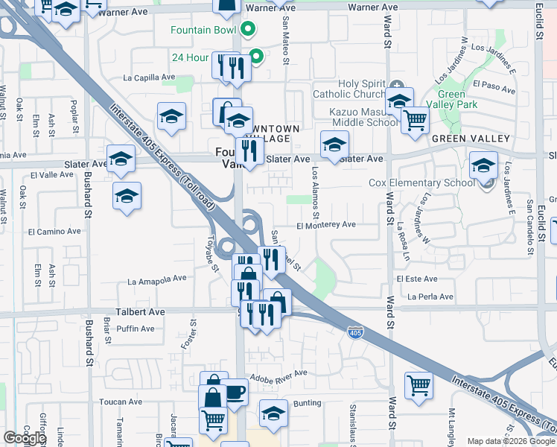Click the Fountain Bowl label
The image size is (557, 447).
coord(203,31)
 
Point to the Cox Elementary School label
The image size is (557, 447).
coord(421,183)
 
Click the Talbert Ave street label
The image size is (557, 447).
coord(140,312)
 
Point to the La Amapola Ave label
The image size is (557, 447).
coord(157,280)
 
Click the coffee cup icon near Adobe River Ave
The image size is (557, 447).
coord(235,392)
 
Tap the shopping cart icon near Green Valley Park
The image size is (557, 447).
coord(415,118)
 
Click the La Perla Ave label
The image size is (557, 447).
coord(430,297)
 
